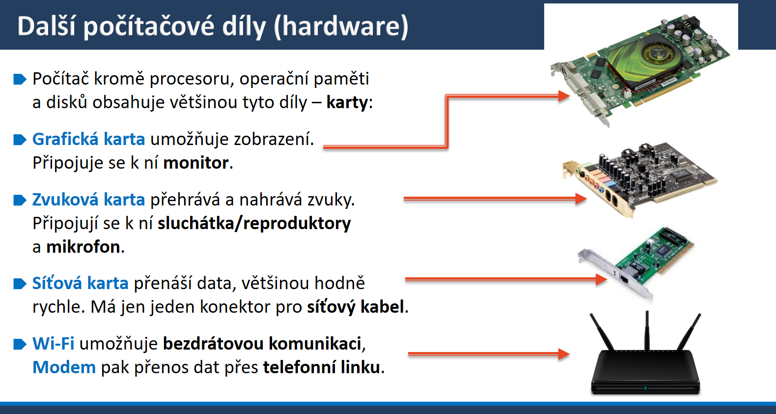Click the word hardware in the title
(x=341, y=27)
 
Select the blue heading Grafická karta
(x=89, y=139)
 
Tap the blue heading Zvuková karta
(x=89, y=200)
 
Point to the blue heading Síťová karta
(x=81, y=283)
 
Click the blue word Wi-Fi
(x=54, y=344)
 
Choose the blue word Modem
(x=64, y=367)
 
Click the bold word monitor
(x=196, y=163)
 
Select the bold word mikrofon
(x=83, y=247)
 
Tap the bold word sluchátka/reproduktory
(x=254, y=224)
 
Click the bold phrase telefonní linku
(x=322, y=367)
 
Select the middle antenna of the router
(x=647, y=330)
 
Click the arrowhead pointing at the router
(x=564, y=354)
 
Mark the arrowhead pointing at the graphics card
(x=564, y=96)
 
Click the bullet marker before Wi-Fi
(x=20, y=344)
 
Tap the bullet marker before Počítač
(x=20, y=79)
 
